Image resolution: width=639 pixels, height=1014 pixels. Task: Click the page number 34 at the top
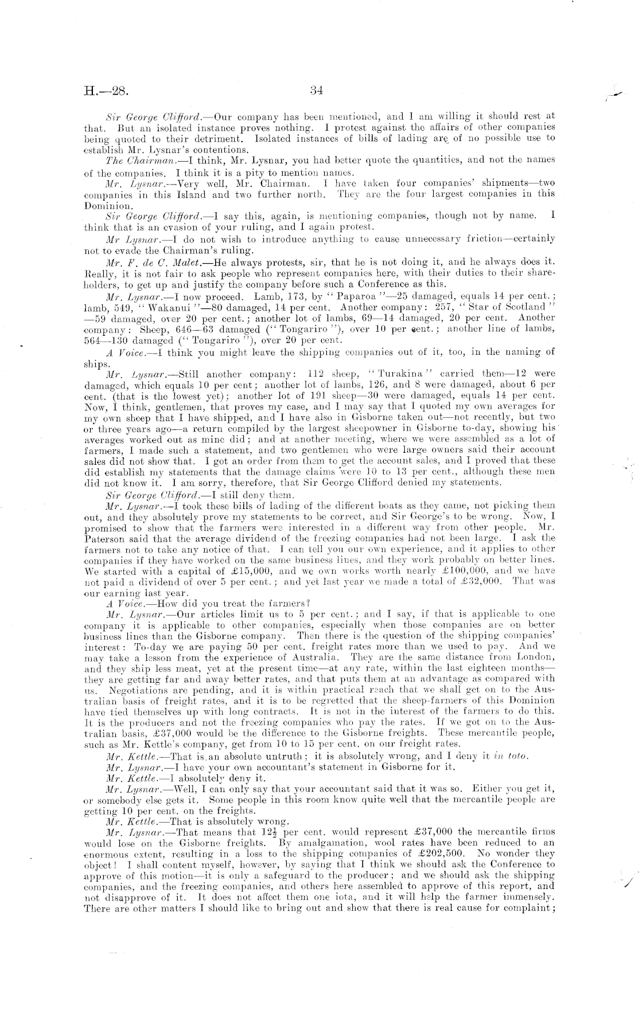[318, 89]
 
